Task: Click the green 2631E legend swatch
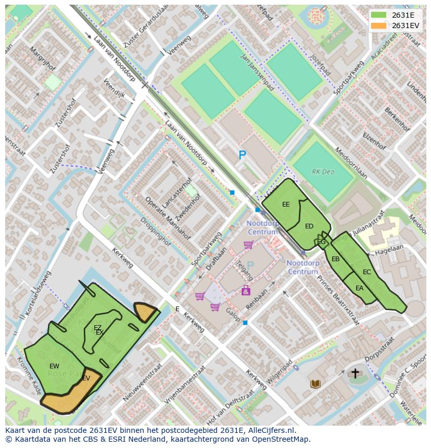379,15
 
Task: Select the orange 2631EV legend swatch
379,25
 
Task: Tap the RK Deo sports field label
323,171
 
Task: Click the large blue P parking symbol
242,155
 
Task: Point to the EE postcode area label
286,204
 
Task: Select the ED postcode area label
309,226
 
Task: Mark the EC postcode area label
367,272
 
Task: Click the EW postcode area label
54,366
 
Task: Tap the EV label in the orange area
86,378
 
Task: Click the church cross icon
356,373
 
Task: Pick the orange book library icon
315,384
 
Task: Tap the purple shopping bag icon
246,291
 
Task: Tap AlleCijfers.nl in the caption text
270,431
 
